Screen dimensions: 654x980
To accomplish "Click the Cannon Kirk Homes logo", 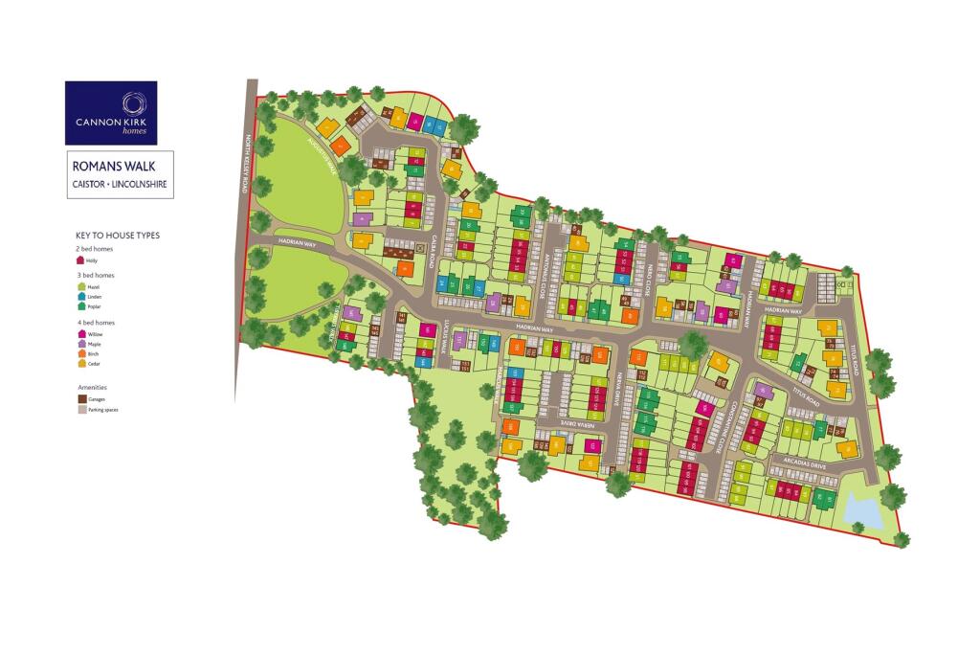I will (x=111, y=112).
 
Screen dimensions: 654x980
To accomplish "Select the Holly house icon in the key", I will (x=80, y=259).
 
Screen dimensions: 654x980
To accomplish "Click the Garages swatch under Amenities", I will (x=80, y=398).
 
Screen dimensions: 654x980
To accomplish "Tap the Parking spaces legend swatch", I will (x=80, y=409).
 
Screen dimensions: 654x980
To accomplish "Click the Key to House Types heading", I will (x=118, y=235).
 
